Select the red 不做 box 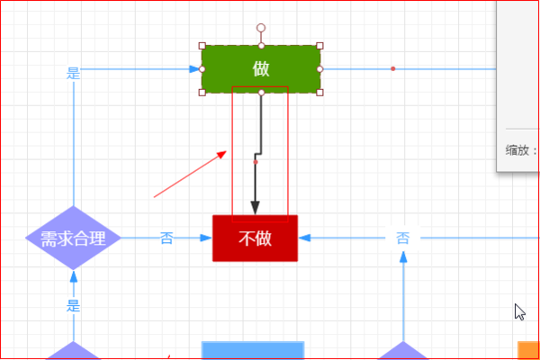[255, 238]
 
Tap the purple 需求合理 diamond [73, 238]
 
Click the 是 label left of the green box [74, 74]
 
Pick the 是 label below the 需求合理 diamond [74, 305]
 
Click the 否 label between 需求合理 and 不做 [166, 238]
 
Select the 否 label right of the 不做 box [403, 238]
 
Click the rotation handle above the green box [261, 28]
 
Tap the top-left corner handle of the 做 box [202, 45]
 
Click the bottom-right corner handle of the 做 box [319, 92]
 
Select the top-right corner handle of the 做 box [319, 45]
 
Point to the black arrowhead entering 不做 [255, 208]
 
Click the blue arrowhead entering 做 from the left [194, 68]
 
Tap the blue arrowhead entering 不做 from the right [304, 238]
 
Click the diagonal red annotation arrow [189, 175]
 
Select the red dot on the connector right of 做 [393, 68]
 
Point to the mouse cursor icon [519, 311]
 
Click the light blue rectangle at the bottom [252, 351]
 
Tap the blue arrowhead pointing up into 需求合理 [74, 276]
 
